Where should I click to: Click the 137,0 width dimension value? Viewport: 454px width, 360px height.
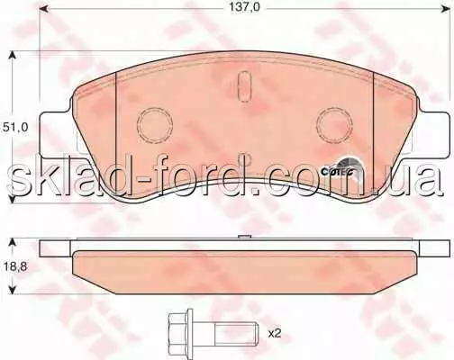click(x=244, y=7)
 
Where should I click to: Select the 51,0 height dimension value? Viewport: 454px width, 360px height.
click(x=14, y=127)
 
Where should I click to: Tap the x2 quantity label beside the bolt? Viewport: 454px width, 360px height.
click(x=275, y=334)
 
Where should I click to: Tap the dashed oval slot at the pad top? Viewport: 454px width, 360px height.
click(x=245, y=86)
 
